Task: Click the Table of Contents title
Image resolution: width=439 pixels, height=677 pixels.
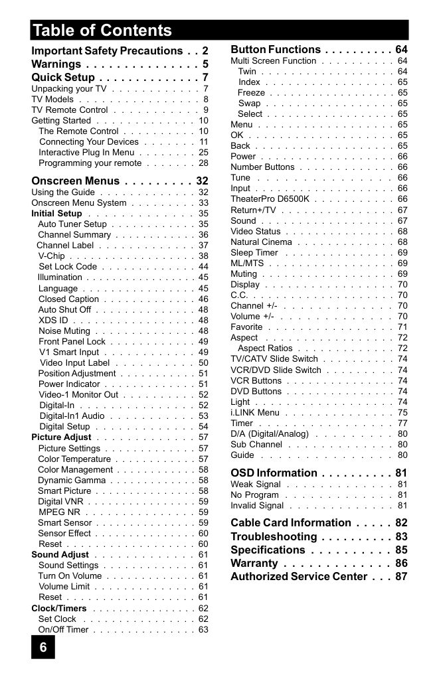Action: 102,31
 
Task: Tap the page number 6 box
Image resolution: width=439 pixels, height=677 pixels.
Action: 43,647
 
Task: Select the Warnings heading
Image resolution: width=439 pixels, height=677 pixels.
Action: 56,64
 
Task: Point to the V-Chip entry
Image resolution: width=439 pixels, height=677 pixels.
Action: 52,256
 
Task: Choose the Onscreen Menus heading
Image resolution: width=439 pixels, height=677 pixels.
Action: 76,181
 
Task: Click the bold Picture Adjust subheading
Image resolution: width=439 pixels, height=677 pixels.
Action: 62,437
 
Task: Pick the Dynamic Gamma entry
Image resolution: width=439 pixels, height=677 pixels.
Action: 72,481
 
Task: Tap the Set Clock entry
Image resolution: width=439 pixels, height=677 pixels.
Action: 57,619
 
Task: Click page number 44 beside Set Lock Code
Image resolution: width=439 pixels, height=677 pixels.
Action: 203,267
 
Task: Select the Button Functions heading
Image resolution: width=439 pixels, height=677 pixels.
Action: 276,50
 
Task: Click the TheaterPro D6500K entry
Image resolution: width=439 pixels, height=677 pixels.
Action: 270,199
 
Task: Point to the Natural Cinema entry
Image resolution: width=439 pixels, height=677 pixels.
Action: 261,242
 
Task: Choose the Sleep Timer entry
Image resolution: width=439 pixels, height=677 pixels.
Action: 254,253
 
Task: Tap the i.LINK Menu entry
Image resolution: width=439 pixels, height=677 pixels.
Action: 255,412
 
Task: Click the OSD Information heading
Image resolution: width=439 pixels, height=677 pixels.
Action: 274,473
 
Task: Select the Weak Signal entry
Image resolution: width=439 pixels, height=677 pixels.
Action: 256,485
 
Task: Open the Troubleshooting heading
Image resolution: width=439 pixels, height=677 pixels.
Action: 274,536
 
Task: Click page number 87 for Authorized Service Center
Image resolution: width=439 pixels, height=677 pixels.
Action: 401,576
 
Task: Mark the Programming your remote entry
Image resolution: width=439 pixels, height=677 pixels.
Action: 90,163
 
